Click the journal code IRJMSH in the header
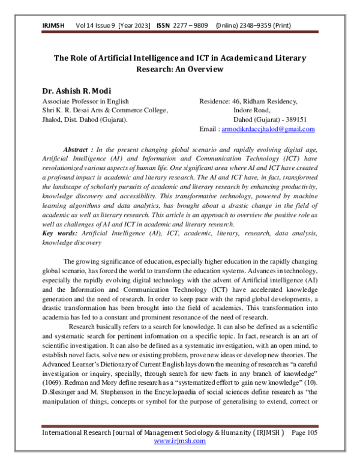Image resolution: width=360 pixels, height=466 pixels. tap(53, 26)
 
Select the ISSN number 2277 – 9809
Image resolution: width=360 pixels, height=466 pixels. tap(191, 26)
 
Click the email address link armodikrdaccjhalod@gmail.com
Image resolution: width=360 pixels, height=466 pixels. tap(268, 130)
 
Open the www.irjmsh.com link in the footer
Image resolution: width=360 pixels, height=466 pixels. tap(180, 441)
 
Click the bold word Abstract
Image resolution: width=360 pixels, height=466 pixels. tap(79, 148)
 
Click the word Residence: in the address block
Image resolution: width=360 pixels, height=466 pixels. tap(214, 101)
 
